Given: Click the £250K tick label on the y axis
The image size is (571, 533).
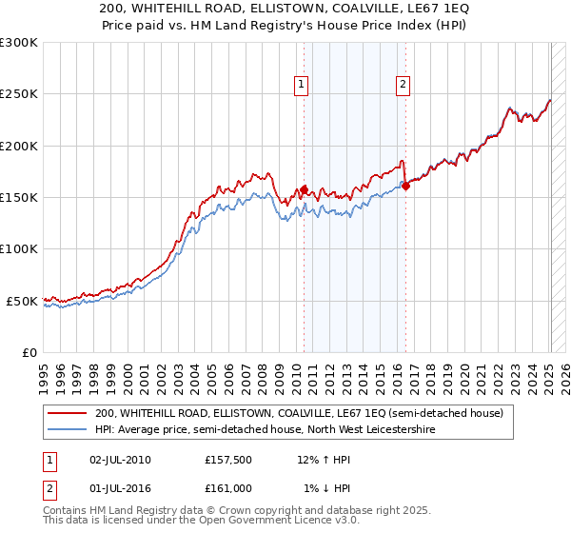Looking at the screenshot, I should click(x=19, y=94).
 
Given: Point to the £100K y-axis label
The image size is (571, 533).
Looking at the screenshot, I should click(x=19, y=249).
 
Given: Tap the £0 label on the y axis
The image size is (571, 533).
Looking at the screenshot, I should click(x=30, y=352).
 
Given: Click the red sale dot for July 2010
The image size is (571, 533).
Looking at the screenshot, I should click(x=305, y=189).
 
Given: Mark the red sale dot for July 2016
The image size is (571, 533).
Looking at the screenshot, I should click(x=405, y=186).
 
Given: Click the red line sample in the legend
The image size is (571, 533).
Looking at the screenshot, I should click(x=68, y=413).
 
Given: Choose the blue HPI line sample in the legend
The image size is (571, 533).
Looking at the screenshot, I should click(x=68, y=429).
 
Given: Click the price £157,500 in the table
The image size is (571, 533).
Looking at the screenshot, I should click(x=228, y=460).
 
